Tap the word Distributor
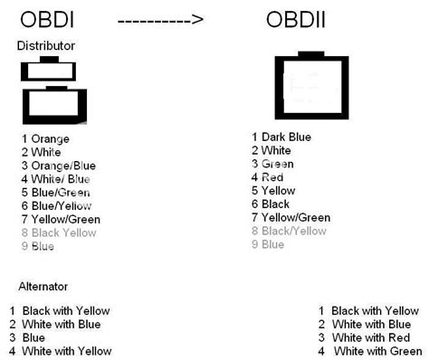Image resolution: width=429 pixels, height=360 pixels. (46, 45)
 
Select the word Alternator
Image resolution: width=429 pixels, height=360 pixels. (43, 286)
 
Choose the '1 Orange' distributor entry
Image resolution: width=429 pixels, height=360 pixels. (45, 139)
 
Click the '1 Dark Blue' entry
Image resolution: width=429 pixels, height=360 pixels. (281, 137)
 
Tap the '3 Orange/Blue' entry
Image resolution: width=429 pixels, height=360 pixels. (59, 166)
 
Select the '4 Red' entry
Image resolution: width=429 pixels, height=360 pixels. (267, 177)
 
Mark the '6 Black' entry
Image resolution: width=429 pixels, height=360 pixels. (271, 204)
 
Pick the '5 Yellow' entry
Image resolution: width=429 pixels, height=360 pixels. (273, 191)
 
